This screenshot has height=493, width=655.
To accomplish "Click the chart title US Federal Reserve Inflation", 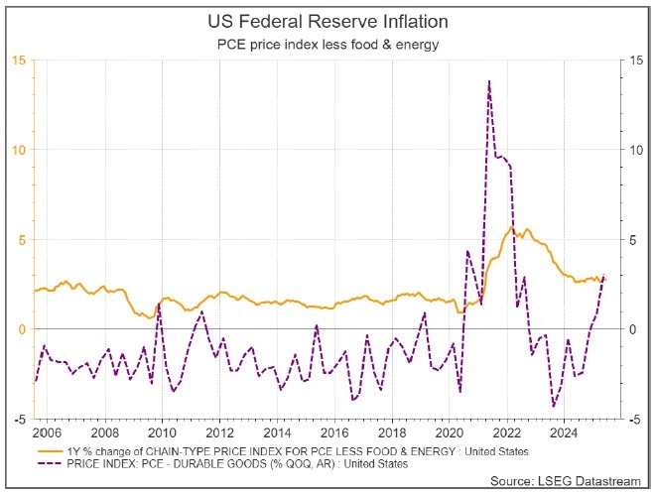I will [327, 20].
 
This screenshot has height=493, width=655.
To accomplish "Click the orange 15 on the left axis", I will [19, 61].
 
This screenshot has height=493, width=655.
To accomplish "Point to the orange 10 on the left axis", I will [19, 150].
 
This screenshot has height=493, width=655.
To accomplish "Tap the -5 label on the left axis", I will [20, 419].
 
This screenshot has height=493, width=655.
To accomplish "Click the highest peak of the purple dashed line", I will [489, 81].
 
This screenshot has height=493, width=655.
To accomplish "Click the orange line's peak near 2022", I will [511, 227].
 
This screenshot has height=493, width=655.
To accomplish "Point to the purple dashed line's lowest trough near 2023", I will [553, 406].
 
